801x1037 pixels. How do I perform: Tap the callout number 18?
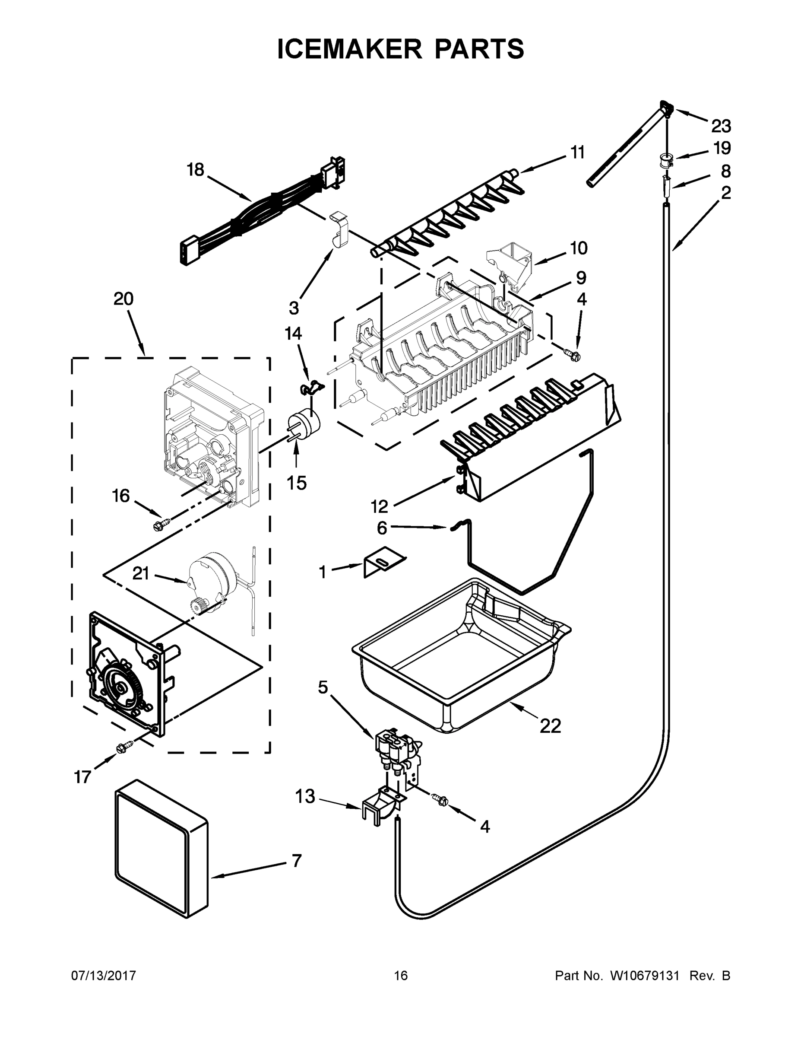[x=195, y=169]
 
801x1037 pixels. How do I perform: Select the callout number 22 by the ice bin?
[x=550, y=725]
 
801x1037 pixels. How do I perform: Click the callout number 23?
[x=721, y=126]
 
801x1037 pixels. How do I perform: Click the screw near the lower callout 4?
[x=441, y=800]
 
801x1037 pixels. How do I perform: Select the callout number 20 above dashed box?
[x=123, y=299]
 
